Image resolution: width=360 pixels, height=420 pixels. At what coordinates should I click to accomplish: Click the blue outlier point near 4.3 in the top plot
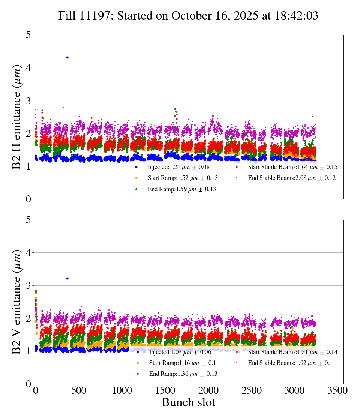[67, 57]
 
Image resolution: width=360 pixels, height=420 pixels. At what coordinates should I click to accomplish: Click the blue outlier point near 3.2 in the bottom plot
[67, 278]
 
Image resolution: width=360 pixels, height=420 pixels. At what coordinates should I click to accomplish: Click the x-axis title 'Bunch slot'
[189, 402]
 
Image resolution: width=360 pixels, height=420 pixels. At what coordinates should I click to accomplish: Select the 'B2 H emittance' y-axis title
[17, 117]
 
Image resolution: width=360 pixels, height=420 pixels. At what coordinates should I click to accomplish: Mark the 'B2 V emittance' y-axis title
[17, 301]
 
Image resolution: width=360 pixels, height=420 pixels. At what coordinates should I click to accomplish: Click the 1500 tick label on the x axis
[165, 390]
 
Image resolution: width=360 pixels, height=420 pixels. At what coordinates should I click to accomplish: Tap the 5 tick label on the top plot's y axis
[28, 35]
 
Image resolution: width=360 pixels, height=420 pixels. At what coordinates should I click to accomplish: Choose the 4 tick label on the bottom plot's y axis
[28, 253]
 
